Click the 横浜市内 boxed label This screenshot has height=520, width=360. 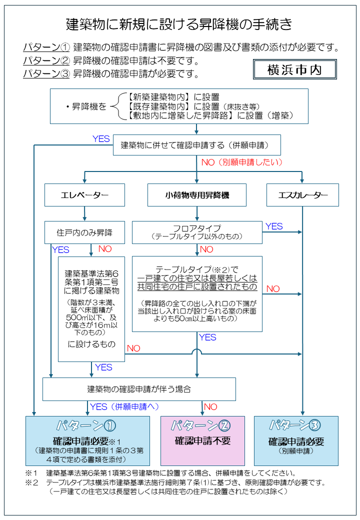294,69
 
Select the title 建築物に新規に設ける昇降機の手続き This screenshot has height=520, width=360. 179,24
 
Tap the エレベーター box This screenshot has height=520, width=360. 84,195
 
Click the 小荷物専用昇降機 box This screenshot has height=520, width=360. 197,195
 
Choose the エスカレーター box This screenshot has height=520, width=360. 302,195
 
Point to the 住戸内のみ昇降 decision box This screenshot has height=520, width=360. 84,232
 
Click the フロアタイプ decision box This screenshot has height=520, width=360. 196,232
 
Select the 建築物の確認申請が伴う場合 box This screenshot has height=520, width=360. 139,389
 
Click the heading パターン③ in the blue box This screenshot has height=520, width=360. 296,425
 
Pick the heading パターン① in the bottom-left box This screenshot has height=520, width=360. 87,425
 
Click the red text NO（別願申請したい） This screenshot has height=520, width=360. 242,162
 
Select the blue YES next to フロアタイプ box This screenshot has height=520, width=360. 274,226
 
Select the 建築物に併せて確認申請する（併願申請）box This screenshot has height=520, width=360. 196,145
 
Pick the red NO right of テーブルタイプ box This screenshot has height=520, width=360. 273,289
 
